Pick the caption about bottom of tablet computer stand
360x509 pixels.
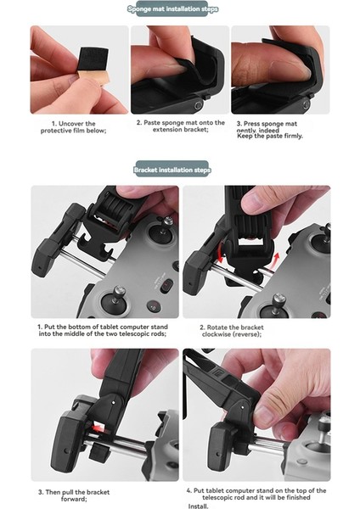(101, 330)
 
